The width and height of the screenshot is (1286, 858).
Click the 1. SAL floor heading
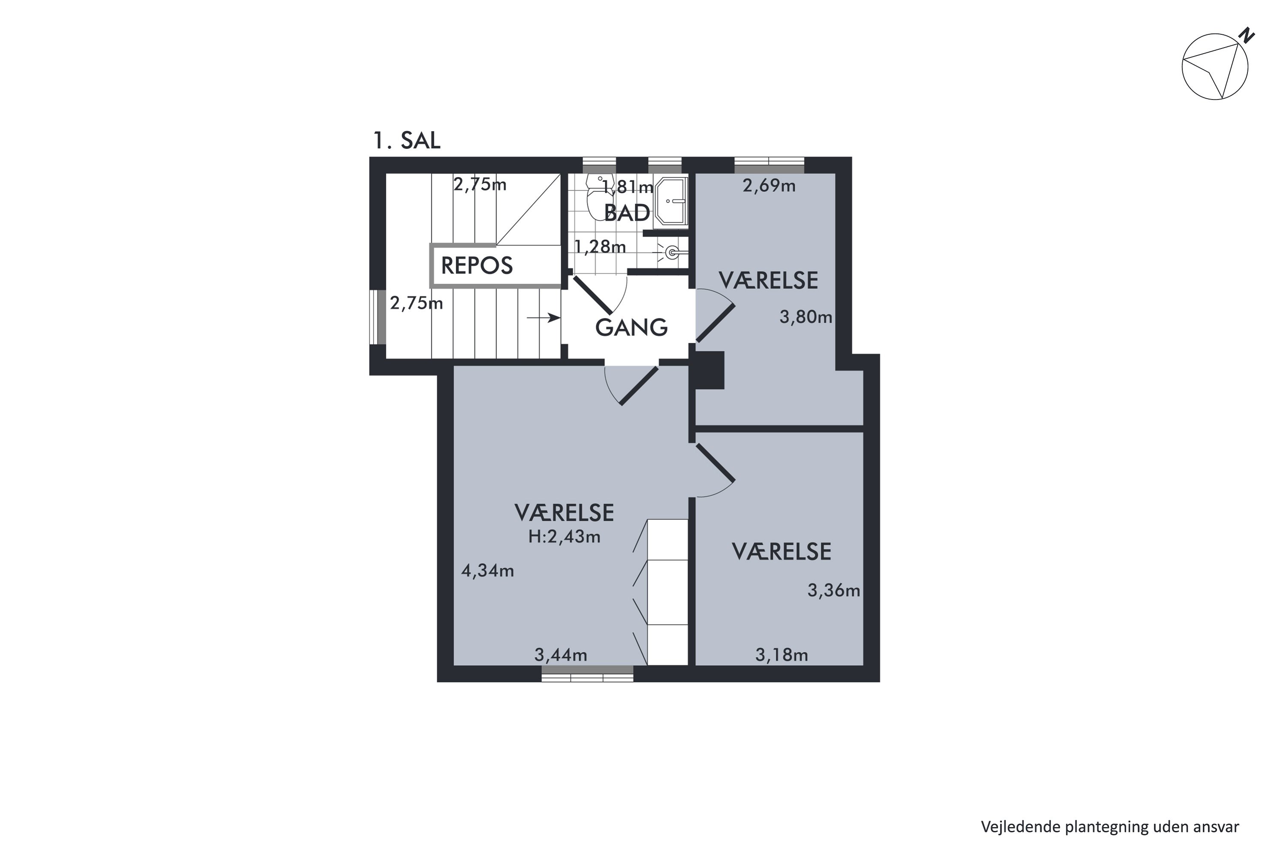point(406,141)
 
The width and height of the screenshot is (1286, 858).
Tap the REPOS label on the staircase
point(476,266)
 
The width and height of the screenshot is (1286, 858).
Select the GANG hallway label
point(631,327)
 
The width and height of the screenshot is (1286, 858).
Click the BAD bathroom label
point(627,213)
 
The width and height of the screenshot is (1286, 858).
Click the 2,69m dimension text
point(768,186)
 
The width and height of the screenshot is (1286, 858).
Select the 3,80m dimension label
point(805,317)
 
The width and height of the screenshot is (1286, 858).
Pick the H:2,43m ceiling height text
point(564,537)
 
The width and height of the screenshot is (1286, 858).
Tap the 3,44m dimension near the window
point(560,655)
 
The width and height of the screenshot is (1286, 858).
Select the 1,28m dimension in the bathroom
point(599,247)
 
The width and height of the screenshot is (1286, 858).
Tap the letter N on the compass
point(1247,36)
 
